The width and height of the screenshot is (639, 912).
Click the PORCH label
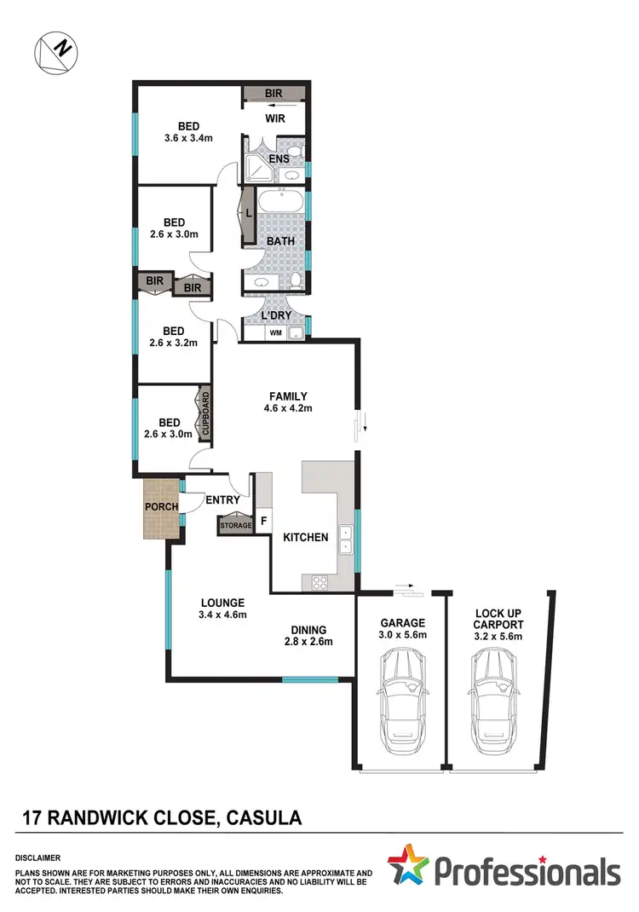(161, 506)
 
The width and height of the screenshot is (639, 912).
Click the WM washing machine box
(274, 333)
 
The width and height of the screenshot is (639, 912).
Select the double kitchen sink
(346, 540)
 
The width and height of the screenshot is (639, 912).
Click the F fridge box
(262, 520)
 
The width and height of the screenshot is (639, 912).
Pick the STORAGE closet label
(236, 525)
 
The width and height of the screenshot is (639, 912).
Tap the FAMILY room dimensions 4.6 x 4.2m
(289, 409)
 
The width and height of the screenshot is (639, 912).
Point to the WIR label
(274, 118)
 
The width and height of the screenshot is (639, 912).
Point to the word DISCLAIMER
(37, 857)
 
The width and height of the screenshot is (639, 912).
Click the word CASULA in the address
(263, 819)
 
